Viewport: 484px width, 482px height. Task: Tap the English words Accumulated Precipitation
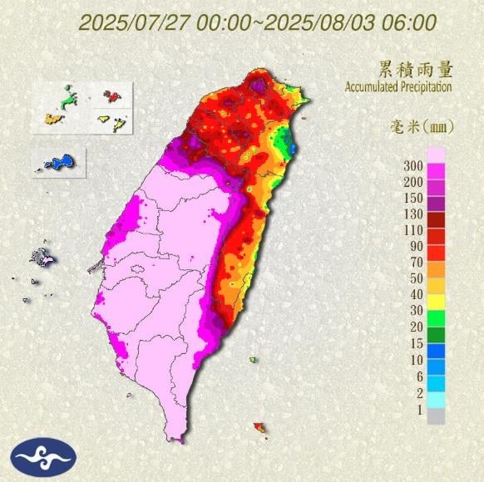click(x=398, y=86)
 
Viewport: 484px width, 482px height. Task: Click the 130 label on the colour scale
click(x=413, y=214)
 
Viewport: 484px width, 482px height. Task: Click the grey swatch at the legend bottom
click(x=437, y=416)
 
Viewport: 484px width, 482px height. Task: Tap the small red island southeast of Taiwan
click(x=260, y=428)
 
